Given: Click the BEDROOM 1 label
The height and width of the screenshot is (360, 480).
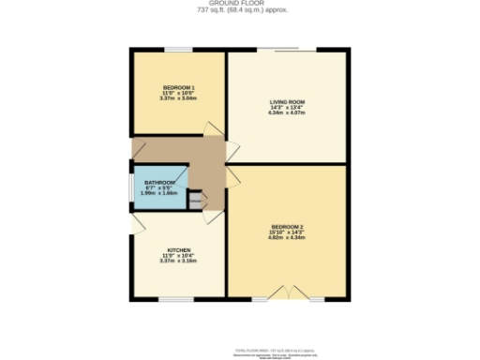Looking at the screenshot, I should (x=178, y=86).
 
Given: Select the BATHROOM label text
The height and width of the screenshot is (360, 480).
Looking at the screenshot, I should (x=159, y=183).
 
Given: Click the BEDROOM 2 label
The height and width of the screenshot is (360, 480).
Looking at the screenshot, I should (x=288, y=226).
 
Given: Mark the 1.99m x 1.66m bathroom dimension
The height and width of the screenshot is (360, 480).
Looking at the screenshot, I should (x=159, y=193).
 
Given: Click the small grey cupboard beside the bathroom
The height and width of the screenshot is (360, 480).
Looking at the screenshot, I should (x=197, y=199).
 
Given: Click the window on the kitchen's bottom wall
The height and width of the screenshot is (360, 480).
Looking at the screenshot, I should (x=175, y=300).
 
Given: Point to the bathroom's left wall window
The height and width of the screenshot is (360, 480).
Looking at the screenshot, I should (x=130, y=185).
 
